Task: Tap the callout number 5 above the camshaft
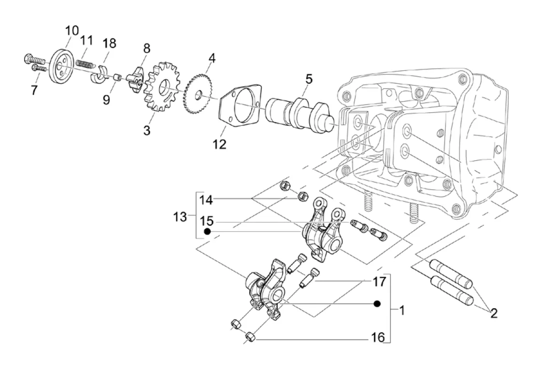[309, 79]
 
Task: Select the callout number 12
[219, 144]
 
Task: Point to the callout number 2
[494, 313]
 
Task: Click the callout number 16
[379, 337]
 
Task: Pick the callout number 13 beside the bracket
[180, 217]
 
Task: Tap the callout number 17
[379, 281]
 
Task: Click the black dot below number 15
[207, 231]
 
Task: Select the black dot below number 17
[378, 304]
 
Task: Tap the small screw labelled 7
[39, 69]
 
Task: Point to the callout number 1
[402, 310]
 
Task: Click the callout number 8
[147, 48]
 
